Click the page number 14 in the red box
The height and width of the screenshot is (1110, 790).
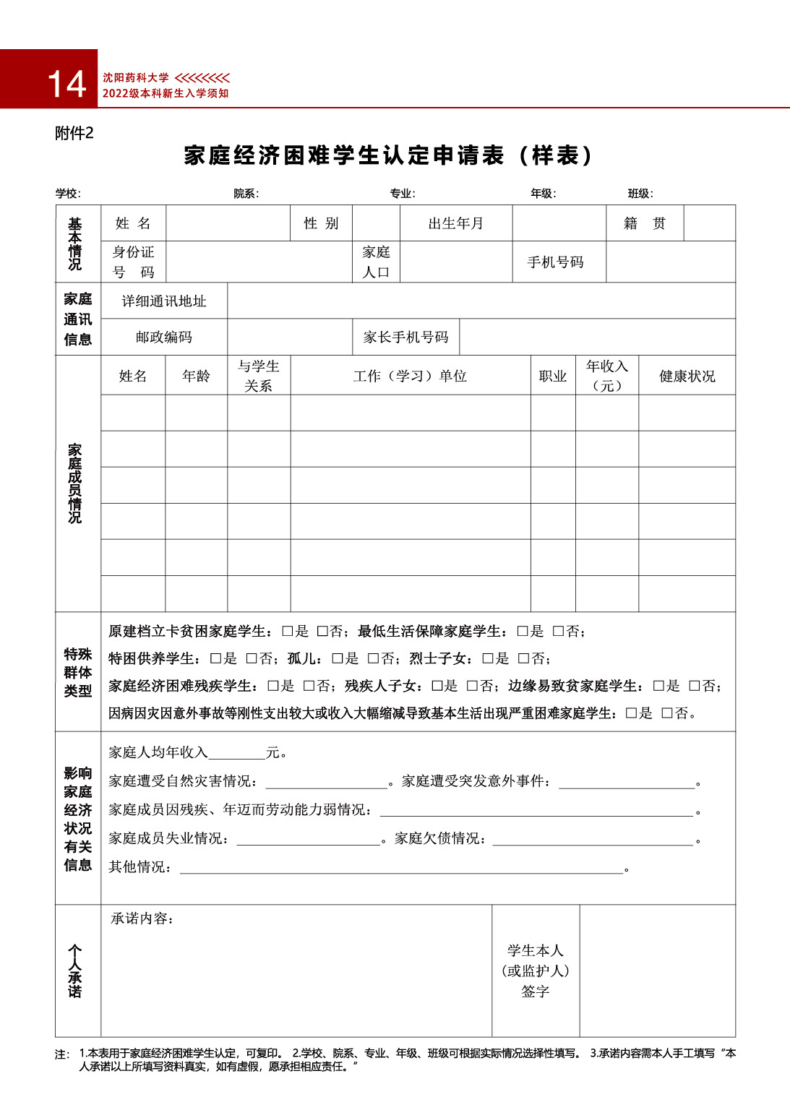click(x=66, y=84)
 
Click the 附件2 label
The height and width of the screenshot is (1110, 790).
click(x=74, y=133)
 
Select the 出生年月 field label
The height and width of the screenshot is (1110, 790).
click(x=455, y=223)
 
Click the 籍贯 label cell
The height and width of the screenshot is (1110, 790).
click(x=644, y=223)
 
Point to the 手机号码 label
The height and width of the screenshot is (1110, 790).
click(x=555, y=262)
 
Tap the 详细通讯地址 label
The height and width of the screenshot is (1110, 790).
click(x=164, y=301)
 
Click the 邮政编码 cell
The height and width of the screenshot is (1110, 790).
click(x=164, y=337)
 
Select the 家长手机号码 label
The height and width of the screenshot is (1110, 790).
click(x=405, y=337)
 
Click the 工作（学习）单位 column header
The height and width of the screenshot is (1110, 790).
click(x=410, y=376)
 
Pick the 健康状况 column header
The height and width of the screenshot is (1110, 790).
click(x=687, y=376)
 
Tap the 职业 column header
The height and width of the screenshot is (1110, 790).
click(x=553, y=376)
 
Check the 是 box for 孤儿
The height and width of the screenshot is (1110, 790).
click(x=338, y=658)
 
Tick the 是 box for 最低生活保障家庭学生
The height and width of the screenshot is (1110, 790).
click(x=523, y=631)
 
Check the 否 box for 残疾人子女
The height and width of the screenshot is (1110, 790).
click(x=472, y=686)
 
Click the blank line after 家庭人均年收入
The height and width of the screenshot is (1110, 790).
click(x=236, y=754)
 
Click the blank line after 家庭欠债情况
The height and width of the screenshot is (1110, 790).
click(x=593, y=839)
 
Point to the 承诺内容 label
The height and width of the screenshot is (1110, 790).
click(x=142, y=918)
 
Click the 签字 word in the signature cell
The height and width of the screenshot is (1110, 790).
click(x=536, y=991)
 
